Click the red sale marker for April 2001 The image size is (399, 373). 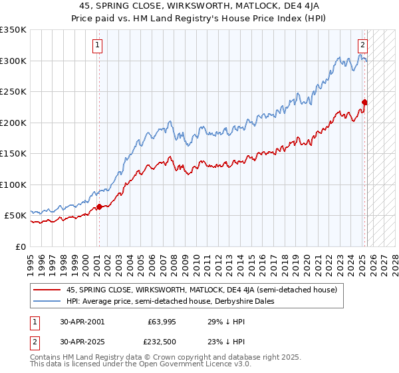tap(99, 206)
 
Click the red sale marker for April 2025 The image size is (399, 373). tap(364, 103)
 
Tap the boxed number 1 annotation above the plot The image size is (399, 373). tap(97, 45)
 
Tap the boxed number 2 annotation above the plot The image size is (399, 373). tap(362, 45)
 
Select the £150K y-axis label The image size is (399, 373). tap(13, 154)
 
